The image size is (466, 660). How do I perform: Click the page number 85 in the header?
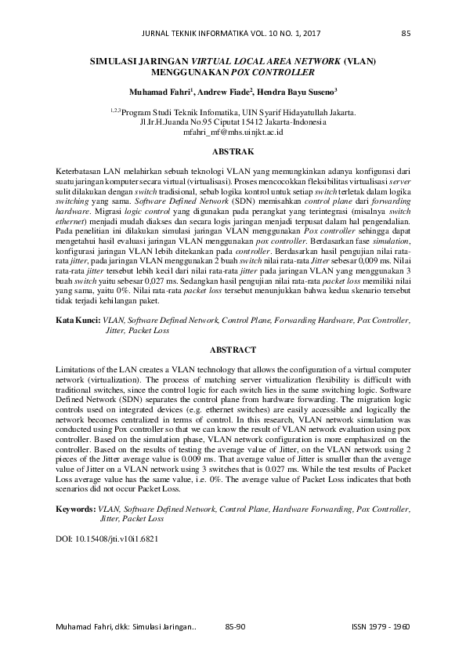[x=406, y=33]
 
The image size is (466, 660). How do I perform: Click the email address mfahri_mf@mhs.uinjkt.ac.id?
[x=233, y=133]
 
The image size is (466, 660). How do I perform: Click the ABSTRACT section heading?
[x=233, y=350]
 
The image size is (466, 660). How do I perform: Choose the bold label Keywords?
[x=78, y=509]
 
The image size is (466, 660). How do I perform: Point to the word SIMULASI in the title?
[x=113, y=60]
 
